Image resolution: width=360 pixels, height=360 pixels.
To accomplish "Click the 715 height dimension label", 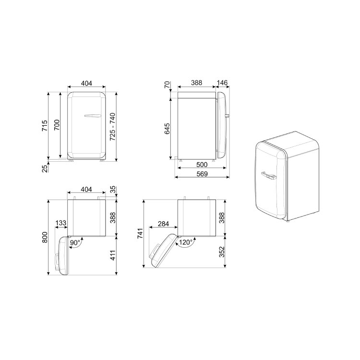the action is tap(45, 126).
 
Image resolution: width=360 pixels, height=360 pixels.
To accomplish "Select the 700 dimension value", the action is tap(57, 125).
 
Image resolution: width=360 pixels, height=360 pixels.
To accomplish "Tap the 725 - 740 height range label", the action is tap(112, 127).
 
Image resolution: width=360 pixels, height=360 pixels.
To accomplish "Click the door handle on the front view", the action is tap(93, 116).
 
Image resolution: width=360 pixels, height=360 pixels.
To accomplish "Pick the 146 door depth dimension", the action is tap(222, 83).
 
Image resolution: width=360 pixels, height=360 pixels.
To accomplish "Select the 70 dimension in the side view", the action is tap(168, 84).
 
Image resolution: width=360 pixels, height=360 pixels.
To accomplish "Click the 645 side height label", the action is tap(167, 129).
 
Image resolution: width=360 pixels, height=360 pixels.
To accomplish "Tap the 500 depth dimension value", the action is tap(202, 165).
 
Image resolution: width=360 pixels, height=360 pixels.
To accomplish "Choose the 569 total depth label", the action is tap(202, 174).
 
